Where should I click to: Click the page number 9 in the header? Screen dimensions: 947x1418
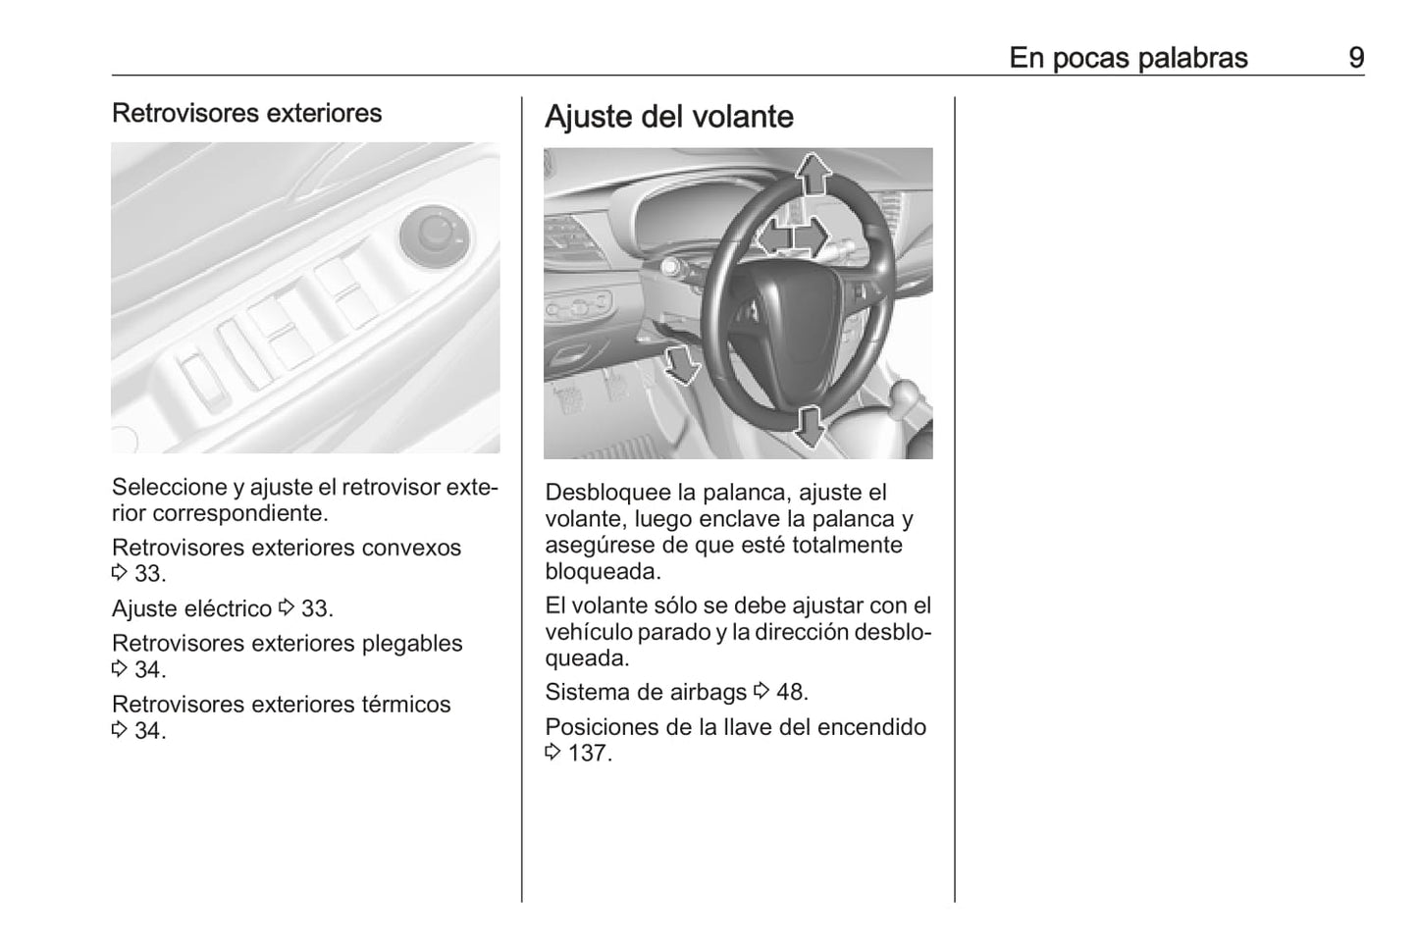coord(1355,58)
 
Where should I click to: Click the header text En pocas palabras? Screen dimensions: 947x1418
coord(1128,58)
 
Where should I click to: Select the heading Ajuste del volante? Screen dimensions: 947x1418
coord(668,117)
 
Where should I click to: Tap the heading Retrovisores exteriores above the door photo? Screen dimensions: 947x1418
coord(246,113)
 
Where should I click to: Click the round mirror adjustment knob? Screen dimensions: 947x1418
coord(432,237)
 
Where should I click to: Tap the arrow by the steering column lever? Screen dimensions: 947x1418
coord(680,364)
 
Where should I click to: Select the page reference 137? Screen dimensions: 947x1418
coord(588,754)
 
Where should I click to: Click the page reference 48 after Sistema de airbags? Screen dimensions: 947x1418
coord(790,692)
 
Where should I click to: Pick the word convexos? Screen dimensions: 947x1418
coord(411,548)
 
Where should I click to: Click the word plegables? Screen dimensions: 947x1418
coord(412,644)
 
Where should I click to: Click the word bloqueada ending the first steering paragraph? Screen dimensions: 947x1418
coord(601,571)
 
